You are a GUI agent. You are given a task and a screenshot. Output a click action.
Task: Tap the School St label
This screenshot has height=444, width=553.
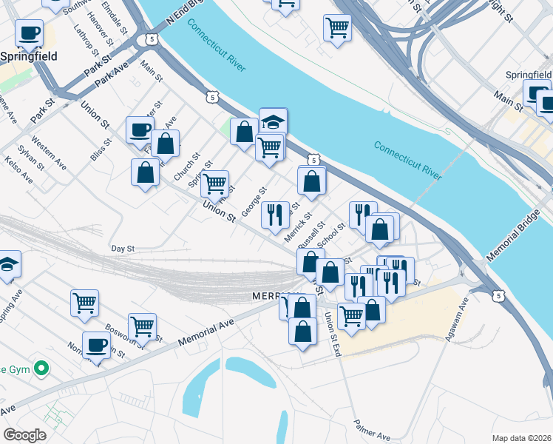(x=330, y=236)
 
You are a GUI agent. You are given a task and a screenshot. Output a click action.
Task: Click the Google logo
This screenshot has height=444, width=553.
(x=24, y=435)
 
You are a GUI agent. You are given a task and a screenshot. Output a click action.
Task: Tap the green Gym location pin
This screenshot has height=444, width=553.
(x=42, y=367)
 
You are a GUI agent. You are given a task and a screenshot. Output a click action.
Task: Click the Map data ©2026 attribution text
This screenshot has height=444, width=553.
(x=521, y=437)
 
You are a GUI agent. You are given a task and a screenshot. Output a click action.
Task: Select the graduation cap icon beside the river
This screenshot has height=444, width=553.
(x=273, y=121)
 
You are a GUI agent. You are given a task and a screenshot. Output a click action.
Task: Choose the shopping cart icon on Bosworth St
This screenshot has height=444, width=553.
(x=142, y=325)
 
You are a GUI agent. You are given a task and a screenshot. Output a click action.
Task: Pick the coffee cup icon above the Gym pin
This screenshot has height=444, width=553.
(x=95, y=344)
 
